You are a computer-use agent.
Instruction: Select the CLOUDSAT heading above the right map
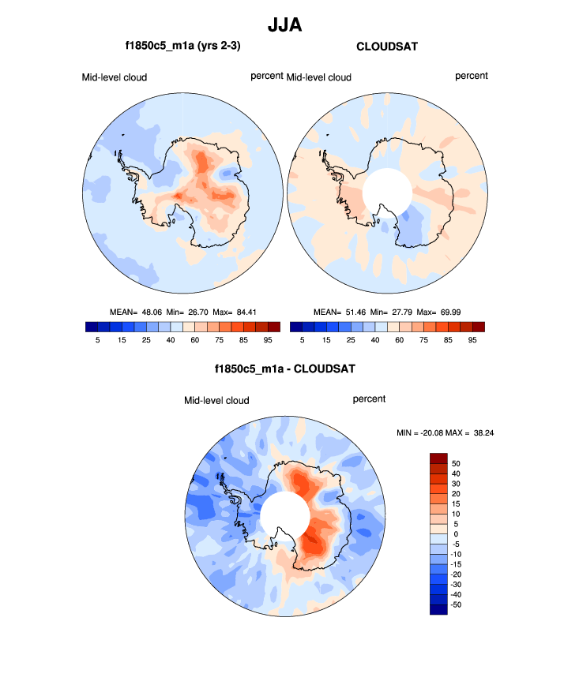[387, 47]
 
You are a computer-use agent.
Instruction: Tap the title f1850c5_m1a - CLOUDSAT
[284, 369]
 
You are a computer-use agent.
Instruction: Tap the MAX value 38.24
[479, 432]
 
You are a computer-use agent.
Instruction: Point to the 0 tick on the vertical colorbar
[455, 533]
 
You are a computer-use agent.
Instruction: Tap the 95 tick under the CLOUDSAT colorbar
[472, 339]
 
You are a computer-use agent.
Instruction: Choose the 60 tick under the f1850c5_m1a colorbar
[190, 339]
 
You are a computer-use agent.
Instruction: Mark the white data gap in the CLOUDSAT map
[387, 190]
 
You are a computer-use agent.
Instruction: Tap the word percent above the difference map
[369, 399]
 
